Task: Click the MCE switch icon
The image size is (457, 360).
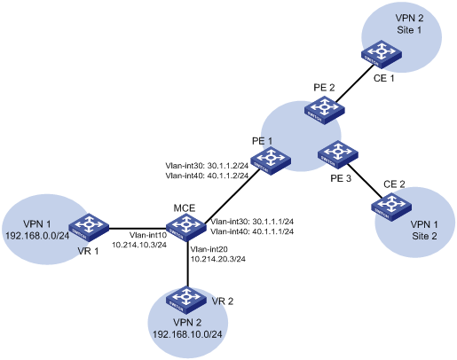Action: pos(185,227)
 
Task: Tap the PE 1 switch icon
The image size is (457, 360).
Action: pos(271,160)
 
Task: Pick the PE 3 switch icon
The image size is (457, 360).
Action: pos(338,154)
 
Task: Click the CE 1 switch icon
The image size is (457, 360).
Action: pos(382,54)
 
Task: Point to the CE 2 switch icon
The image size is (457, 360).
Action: pos(391,207)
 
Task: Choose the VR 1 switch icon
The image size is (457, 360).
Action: pos(89,227)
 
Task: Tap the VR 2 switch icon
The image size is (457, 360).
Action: pos(186,301)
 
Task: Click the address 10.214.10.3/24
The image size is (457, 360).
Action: pos(139,245)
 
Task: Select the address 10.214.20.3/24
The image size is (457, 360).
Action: pos(218,259)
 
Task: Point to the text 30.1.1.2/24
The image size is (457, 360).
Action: pos(228,166)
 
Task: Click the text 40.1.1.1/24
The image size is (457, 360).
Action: pos(273,231)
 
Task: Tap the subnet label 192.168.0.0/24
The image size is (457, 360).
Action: pos(37,236)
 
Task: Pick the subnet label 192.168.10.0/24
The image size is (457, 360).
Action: pos(187,334)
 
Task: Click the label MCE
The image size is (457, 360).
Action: pos(185,208)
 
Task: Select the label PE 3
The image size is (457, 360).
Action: pos(341,178)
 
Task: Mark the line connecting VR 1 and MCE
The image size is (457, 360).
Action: pos(138,228)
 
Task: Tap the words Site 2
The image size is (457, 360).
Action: pos(424,237)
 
